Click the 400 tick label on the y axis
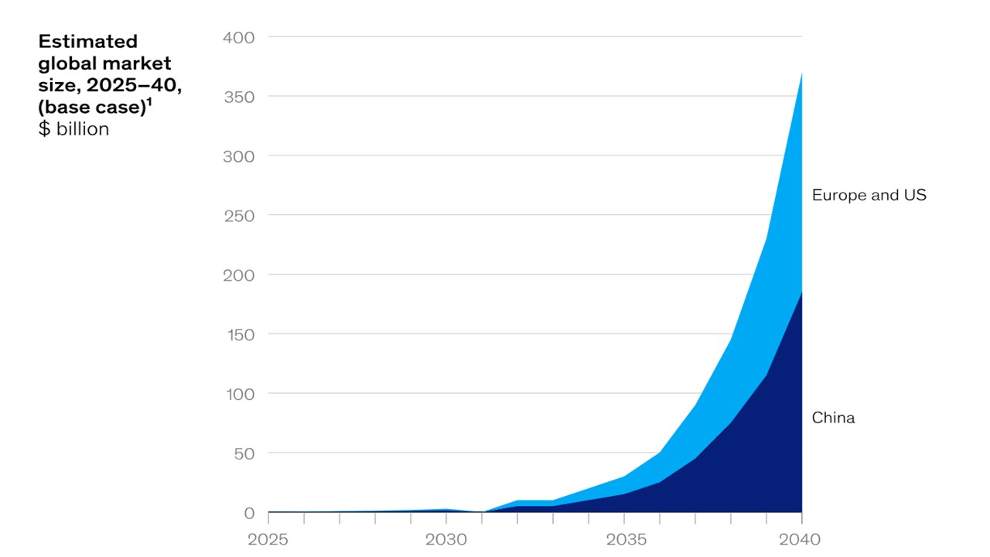pos(238,37)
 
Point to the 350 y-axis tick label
pos(238,97)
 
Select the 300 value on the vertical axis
pos(238,156)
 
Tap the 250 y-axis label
pos(238,215)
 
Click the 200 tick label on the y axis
pos(238,275)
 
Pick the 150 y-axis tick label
pos(238,334)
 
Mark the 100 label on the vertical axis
pos(238,394)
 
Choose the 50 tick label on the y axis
pos(244,453)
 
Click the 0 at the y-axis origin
pos(249,513)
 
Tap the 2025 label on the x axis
pos(268,539)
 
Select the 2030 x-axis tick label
pos(445,539)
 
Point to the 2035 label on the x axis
pos(623,539)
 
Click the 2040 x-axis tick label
pos(801,539)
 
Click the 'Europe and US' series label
pos(869,196)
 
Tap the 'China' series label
pos(833,419)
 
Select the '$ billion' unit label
pos(73,129)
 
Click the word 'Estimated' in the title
pos(87,42)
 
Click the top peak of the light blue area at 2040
pos(801,73)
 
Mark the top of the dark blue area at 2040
pos(801,292)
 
